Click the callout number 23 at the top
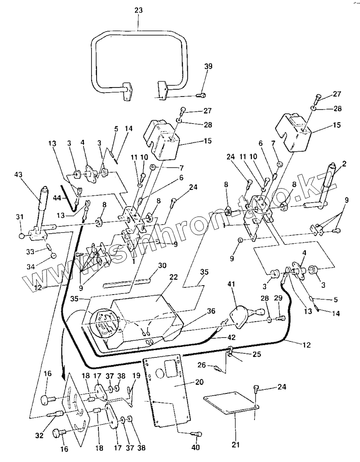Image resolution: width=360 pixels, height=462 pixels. [x=138, y=10]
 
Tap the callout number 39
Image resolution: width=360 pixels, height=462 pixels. [x=208, y=66]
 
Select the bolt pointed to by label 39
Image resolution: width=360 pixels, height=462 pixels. [x=201, y=95]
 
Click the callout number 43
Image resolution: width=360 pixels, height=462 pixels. [x=18, y=175]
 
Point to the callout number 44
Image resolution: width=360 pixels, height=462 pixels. [x=58, y=199]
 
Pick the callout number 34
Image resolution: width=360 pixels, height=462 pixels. [x=31, y=267]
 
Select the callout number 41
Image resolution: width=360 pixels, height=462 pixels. [x=231, y=284]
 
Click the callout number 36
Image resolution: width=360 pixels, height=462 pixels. [x=211, y=311]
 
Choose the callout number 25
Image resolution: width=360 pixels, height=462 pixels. [x=257, y=354]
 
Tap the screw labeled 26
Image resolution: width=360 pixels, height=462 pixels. [x=217, y=368]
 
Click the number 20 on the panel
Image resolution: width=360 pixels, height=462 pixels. [x=199, y=382]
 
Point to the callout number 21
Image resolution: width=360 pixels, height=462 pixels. [x=235, y=444]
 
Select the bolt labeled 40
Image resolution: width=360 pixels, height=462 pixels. [x=197, y=434]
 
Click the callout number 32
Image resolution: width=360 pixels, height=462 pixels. [x=39, y=435]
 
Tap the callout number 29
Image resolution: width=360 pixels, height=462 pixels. [x=278, y=298]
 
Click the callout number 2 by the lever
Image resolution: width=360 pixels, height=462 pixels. [x=344, y=163]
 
